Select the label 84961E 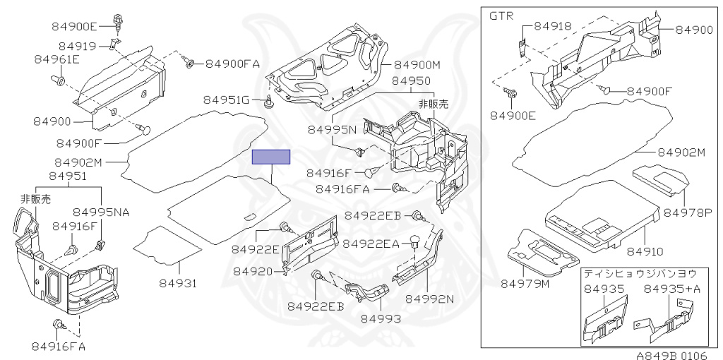pyautogui.click(x=56, y=59)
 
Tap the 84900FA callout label pyautogui.click(x=233, y=64)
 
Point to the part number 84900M pyautogui.click(x=417, y=65)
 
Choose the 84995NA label pyautogui.click(x=101, y=212)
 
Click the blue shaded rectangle pyautogui.click(x=272, y=157)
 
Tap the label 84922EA pyautogui.click(x=371, y=244)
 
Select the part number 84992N pyautogui.click(x=429, y=298)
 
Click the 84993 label pyautogui.click(x=381, y=318)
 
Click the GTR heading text pyautogui.click(x=501, y=16)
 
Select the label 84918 pyautogui.click(x=553, y=26)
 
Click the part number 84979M pyautogui.click(x=525, y=284)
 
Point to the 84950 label pyautogui.click(x=411, y=81)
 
